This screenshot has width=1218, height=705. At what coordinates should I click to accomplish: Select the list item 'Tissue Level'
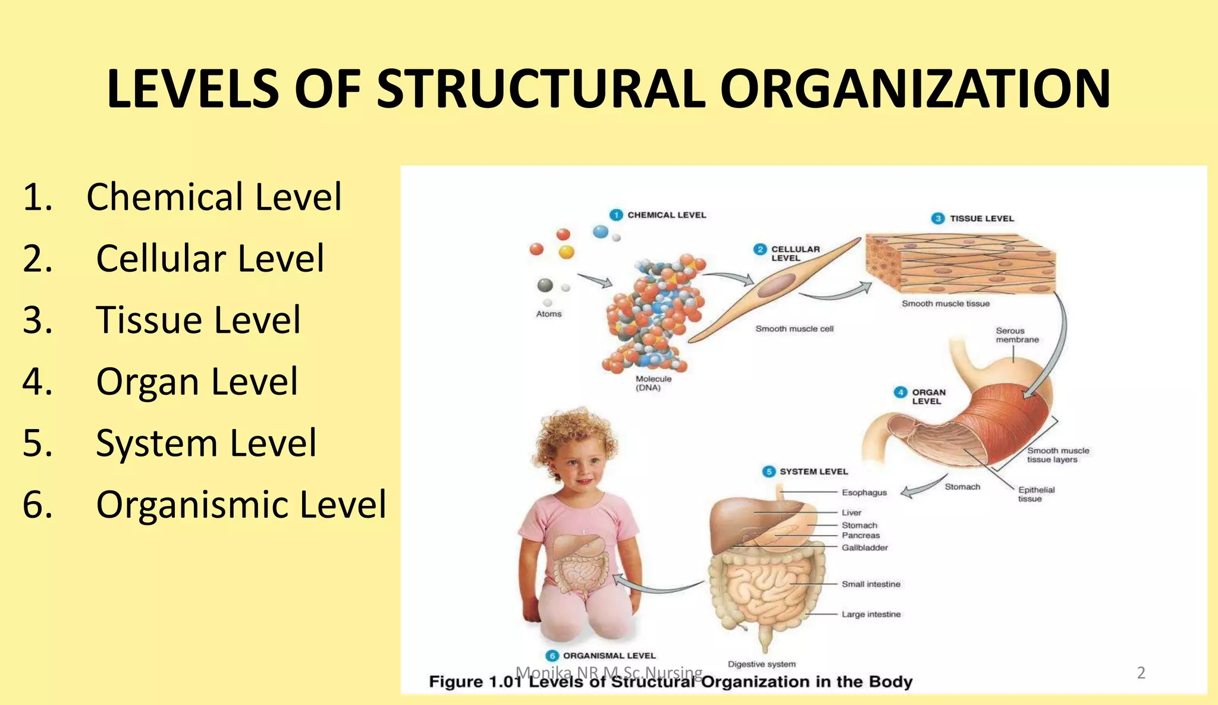(x=198, y=320)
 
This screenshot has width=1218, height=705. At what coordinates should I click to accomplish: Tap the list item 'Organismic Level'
(x=241, y=505)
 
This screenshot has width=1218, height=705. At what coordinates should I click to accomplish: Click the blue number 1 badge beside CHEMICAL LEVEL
(x=616, y=215)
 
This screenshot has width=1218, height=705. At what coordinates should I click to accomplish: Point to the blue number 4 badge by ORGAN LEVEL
(x=900, y=392)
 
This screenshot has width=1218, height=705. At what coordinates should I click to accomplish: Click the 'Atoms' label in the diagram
(x=548, y=314)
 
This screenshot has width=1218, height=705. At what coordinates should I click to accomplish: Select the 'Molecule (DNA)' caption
(x=653, y=383)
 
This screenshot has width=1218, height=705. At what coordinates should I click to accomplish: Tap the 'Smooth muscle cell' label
(x=795, y=329)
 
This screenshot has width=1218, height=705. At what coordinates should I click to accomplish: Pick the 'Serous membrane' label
(x=1017, y=335)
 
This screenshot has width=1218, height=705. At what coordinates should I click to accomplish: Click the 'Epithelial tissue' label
(x=1036, y=494)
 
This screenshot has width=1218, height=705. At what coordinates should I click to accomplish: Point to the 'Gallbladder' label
(x=865, y=547)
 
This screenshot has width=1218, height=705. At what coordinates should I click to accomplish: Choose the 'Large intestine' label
(x=871, y=614)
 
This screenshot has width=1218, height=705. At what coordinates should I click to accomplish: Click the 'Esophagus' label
(x=864, y=492)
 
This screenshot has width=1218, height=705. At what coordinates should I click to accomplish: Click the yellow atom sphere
(x=567, y=252)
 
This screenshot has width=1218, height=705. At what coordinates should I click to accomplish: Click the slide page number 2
(x=1141, y=673)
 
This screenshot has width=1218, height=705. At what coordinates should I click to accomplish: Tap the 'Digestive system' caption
(x=761, y=664)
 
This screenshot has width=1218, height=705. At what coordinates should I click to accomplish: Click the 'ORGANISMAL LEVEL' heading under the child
(x=609, y=656)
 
